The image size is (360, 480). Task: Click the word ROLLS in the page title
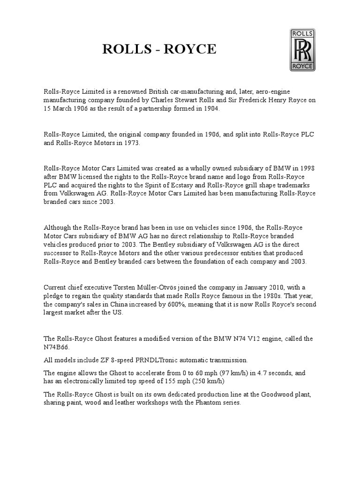pos(124,49)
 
